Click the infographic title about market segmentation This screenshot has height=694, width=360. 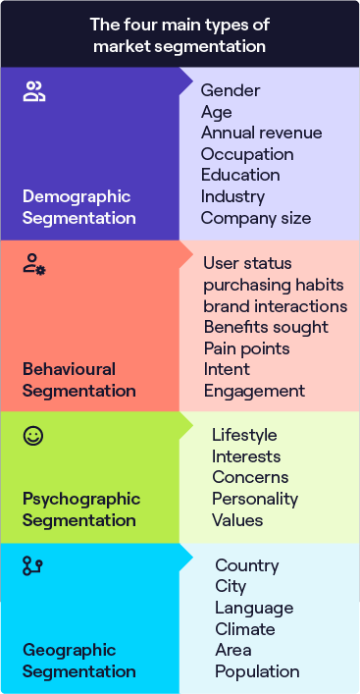click(180, 34)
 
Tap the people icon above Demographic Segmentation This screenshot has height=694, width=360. click(34, 93)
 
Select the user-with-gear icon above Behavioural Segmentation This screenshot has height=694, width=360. click(34, 263)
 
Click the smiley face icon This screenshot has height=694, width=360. click(33, 436)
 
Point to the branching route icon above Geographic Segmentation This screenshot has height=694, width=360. click(33, 565)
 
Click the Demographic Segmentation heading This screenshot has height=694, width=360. click(79, 206)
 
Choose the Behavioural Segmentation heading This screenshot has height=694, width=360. click(79, 380)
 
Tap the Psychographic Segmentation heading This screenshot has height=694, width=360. click(81, 509)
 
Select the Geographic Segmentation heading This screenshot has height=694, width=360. click(79, 661)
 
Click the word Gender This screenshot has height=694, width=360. click(231, 90)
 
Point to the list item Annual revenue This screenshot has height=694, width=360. click(261, 133)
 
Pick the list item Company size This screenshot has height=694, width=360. click(255, 218)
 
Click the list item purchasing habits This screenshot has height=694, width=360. click(274, 285)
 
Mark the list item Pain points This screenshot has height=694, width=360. click(246, 348)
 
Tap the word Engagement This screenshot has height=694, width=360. click(254, 391)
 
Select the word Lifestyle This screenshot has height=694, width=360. click(244, 435)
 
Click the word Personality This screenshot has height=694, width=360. click(253, 499)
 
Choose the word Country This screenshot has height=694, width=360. click(247, 565)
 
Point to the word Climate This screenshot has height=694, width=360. click(245, 629)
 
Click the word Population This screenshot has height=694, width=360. click(257, 671)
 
